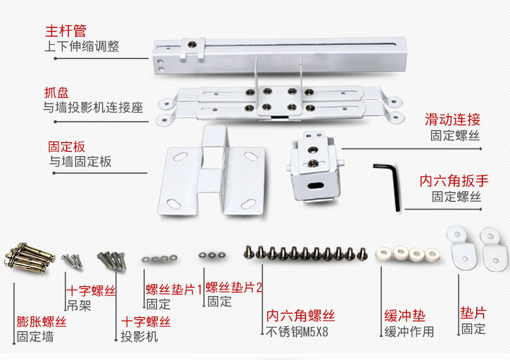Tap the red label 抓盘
click(57, 92)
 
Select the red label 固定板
click(66, 147)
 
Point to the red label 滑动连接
click(452, 120)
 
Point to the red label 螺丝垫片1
click(174, 288)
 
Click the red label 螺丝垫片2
click(234, 287)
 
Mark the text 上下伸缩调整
click(82, 46)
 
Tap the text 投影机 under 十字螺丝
click(140, 337)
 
